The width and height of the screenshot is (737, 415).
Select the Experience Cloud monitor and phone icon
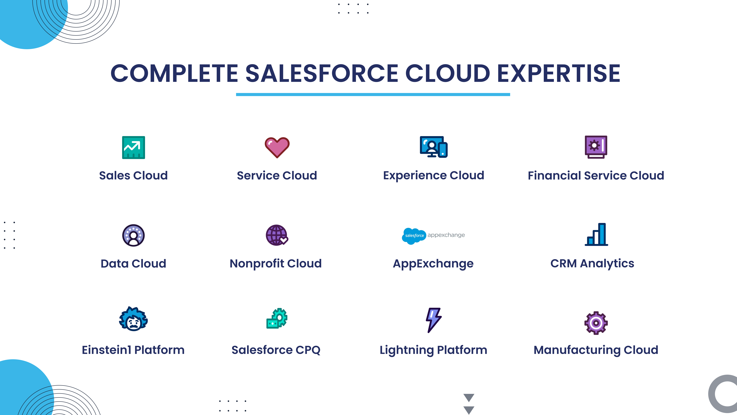[x=433, y=147]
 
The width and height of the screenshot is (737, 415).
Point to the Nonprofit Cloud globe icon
[x=277, y=235]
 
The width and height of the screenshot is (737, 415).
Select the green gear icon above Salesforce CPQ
[x=277, y=318]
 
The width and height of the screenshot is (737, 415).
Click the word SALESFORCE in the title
[x=322, y=73]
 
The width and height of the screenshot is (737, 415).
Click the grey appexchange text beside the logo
[x=446, y=235]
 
